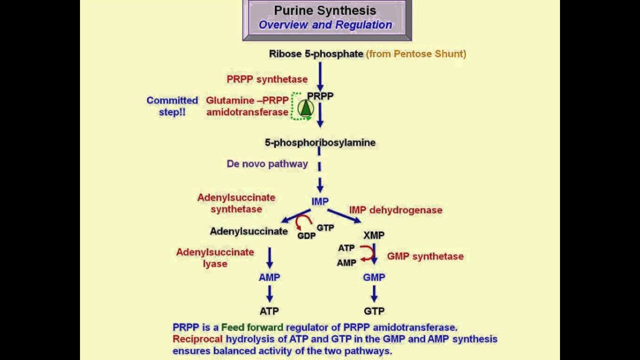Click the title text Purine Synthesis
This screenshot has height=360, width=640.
pos(325,10)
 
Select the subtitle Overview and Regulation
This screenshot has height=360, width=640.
pos(325,25)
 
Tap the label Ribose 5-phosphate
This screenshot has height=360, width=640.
pos(316,54)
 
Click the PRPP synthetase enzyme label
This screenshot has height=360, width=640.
pos(267,79)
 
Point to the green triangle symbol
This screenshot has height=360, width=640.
pos(305,107)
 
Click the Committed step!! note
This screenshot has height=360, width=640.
pos(172,106)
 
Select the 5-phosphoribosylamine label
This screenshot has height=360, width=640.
pos(320,142)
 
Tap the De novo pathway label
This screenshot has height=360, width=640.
pos(267,164)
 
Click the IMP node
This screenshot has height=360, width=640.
pos(320,201)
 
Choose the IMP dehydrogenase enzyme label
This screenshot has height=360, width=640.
pos(395,210)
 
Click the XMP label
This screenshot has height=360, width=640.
pos(374,235)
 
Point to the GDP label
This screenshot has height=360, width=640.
pos(306,235)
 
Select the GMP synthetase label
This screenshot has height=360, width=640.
pos(425,256)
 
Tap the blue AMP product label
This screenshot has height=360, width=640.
pos(269,277)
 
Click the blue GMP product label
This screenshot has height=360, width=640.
pos(374,277)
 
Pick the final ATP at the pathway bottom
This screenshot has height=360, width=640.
pos(269,311)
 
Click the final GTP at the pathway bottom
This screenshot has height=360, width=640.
pos(374,311)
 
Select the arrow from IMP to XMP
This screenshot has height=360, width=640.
pos(344,215)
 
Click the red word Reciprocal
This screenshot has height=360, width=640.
pos(197,339)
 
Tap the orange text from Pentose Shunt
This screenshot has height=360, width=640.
pos(416,54)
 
